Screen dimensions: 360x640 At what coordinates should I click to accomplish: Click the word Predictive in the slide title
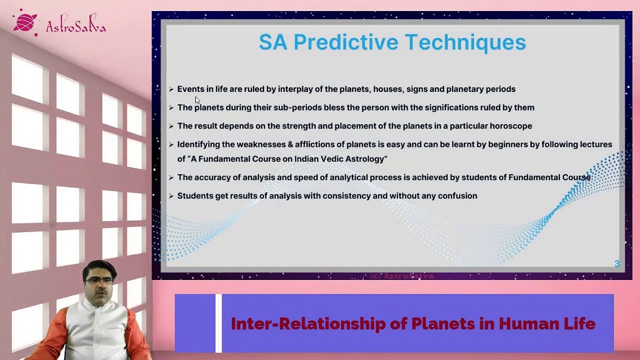[345, 42]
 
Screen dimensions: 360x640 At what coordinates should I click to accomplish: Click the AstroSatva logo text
[76, 26]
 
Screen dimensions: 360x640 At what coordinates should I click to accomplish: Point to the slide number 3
[617, 263]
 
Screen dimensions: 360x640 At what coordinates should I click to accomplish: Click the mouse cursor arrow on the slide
[197, 100]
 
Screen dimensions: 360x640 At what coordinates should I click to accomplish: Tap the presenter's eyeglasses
[99, 281]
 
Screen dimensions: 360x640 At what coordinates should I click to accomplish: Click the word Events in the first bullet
[190, 89]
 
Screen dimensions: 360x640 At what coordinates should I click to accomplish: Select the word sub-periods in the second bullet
[297, 107]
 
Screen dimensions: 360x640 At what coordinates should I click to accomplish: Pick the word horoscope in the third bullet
[510, 126]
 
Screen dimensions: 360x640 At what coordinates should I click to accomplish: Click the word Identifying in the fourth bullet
[198, 144]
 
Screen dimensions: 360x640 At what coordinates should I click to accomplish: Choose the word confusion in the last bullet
[457, 196]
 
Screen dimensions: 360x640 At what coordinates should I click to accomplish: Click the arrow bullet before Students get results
[171, 196]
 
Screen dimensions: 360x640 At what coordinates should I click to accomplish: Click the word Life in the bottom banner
[579, 324]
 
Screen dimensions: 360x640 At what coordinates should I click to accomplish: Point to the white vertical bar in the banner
[218, 323]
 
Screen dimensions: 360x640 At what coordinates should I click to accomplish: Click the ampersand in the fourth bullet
[290, 144]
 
